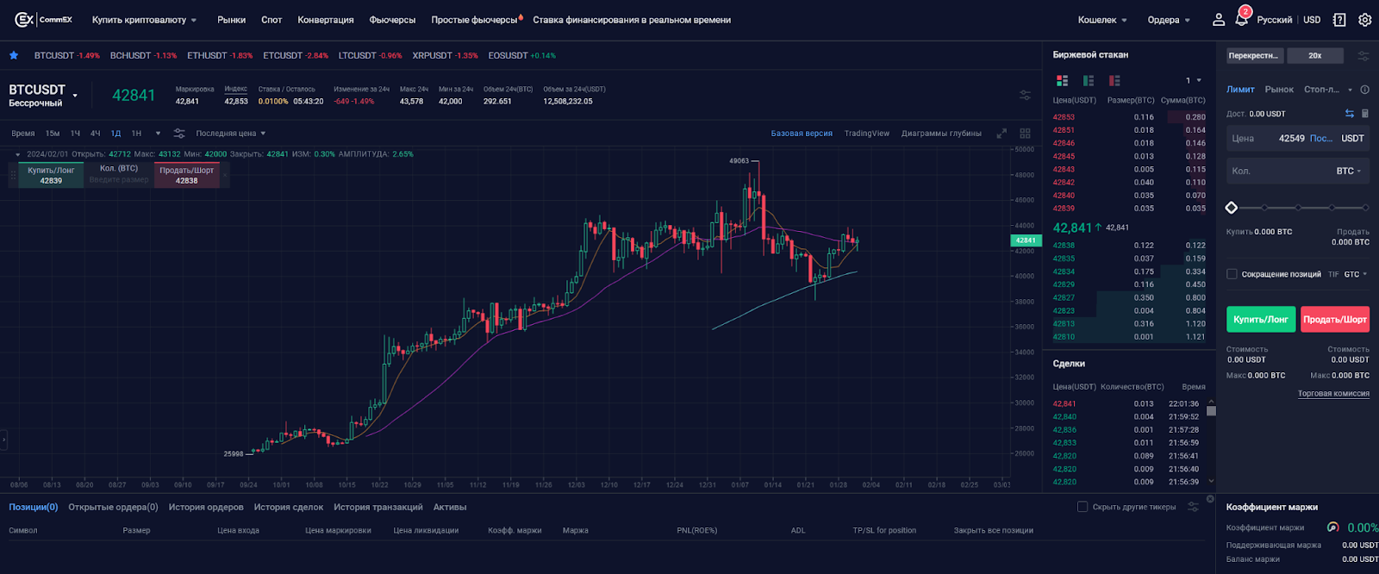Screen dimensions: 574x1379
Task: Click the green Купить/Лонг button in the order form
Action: pos(1260,320)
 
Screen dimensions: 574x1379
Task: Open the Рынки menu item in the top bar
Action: pos(231,20)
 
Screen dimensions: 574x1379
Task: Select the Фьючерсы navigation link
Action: pos(392,20)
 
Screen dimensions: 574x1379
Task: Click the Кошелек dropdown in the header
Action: pos(1102,20)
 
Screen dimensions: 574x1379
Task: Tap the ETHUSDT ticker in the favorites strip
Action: pos(208,55)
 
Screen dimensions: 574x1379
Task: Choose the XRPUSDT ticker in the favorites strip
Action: pos(432,55)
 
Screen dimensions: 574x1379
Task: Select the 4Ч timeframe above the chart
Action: pos(96,134)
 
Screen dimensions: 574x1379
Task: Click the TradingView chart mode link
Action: pos(866,134)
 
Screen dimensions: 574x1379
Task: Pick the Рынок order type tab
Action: pos(1279,90)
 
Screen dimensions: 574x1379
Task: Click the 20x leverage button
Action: pos(1314,55)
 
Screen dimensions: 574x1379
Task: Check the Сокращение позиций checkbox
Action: pos(1232,274)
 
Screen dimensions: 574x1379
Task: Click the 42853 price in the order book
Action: pos(1064,117)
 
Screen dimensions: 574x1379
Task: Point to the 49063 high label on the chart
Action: pos(739,161)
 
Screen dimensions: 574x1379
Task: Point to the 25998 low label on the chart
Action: pos(234,453)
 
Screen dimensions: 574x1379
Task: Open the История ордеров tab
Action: pos(206,507)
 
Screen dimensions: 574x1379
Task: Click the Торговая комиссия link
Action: pos(1333,394)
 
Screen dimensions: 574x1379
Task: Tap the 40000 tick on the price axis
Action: pos(1024,277)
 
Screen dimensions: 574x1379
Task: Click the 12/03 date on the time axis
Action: pos(576,484)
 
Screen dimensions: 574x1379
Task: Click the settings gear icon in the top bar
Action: pos(1364,20)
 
